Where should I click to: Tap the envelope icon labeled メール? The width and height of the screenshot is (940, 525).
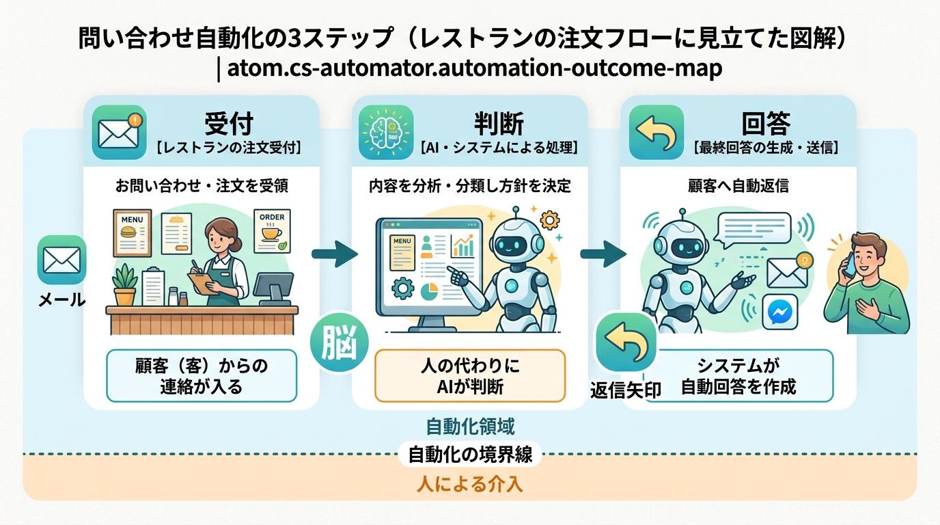tap(61, 260)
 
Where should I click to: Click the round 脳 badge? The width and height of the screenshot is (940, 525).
tap(340, 341)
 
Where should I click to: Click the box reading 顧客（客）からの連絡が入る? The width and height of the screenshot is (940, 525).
tap(202, 375)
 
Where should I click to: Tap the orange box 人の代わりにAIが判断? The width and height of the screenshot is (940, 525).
tap(469, 375)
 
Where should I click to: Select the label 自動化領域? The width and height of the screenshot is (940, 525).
tap(470, 427)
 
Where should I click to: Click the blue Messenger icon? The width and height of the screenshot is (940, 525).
tap(779, 312)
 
